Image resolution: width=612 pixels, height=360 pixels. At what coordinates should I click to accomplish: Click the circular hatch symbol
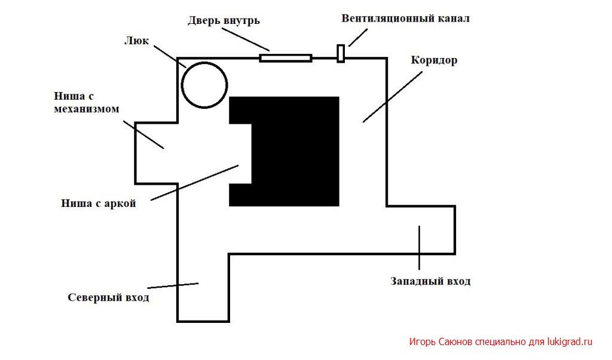[x=182, y=85]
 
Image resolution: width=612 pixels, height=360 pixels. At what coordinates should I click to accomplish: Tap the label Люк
[x=136, y=41]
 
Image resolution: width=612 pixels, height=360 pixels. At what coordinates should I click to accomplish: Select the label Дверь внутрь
[x=224, y=20]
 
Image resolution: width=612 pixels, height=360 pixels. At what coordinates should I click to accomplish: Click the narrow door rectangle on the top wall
[x=286, y=58]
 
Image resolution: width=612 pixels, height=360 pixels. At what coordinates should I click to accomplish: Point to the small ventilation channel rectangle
[x=341, y=53]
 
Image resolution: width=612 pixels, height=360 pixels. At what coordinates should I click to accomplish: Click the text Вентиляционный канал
[x=406, y=19]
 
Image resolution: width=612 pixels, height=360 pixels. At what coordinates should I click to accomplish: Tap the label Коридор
[x=434, y=60]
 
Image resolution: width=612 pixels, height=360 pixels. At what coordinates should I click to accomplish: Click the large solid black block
[x=295, y=151]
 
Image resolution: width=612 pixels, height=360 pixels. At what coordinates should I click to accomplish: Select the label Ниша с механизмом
[x=86, y=102]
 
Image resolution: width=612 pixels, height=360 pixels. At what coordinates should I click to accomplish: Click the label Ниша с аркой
[x=99, y=203]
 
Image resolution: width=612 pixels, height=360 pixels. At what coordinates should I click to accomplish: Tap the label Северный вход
[x=109, y=298]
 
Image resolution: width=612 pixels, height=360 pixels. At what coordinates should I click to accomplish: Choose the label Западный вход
[x=430, y=281]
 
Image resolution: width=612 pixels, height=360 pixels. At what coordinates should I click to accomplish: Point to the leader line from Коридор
[x=393, y=97]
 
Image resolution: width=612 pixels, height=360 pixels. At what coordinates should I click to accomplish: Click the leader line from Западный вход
[x=419, y=248]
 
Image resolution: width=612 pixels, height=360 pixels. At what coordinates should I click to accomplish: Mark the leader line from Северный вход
[x=173, y=286]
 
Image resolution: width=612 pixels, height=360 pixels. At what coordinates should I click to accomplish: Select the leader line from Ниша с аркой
[x=194, y=183]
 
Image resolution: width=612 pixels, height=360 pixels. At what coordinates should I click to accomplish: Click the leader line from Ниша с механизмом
[x=143, y=135]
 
